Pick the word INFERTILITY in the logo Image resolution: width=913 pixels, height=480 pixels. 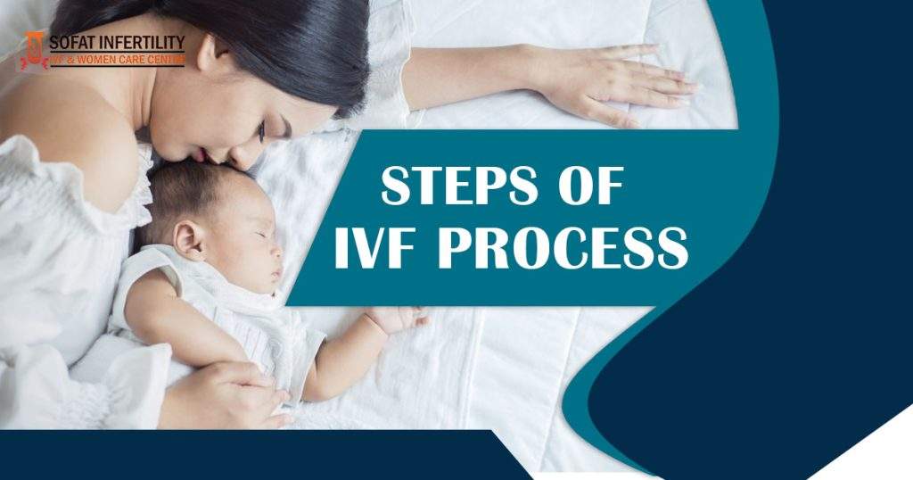click(142, 42)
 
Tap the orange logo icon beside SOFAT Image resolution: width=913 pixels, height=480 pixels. click(33, 49)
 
